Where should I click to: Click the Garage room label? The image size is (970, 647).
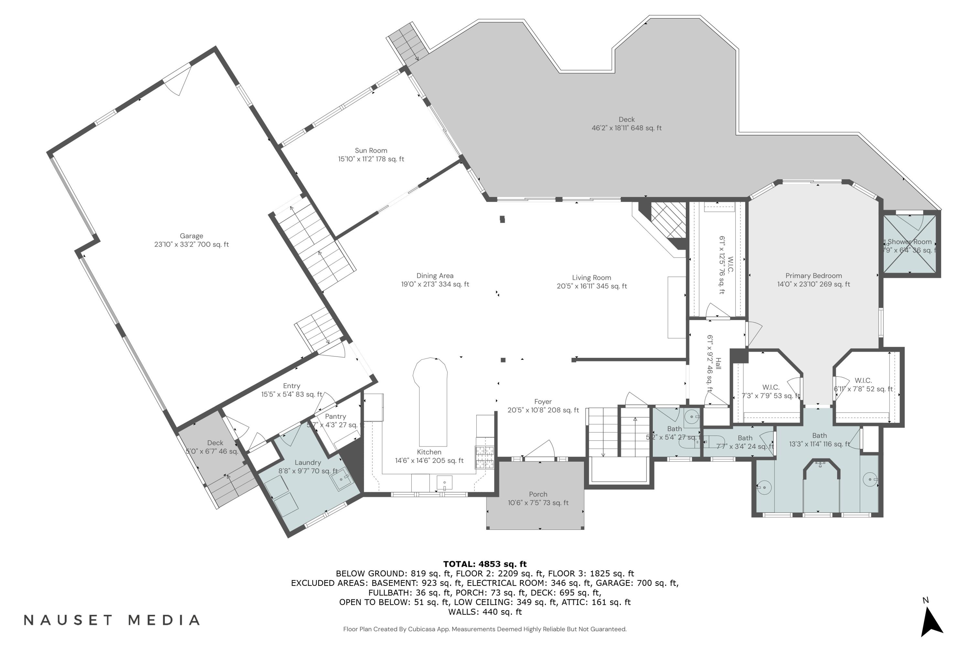pyautogui.click(x=191, y=236)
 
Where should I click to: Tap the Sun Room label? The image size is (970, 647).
pyautogui.click(x=371, y=151)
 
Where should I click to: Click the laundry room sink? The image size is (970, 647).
pyautogui.click(x=341, y=480)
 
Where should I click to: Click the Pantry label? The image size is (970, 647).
pyautogui.click(x=335, y=417)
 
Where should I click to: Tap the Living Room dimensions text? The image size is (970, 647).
pyautogui.click(x=591, y=286)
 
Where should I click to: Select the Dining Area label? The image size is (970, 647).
pyautogui.click(x=435, y=276)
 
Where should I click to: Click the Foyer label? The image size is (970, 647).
pyautogui.click(x=543, y=402)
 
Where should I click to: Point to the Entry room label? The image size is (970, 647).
pyautogui.click(x=292, y=386)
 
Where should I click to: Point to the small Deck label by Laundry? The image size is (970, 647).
pyautogui.click(x=215, y=443)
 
